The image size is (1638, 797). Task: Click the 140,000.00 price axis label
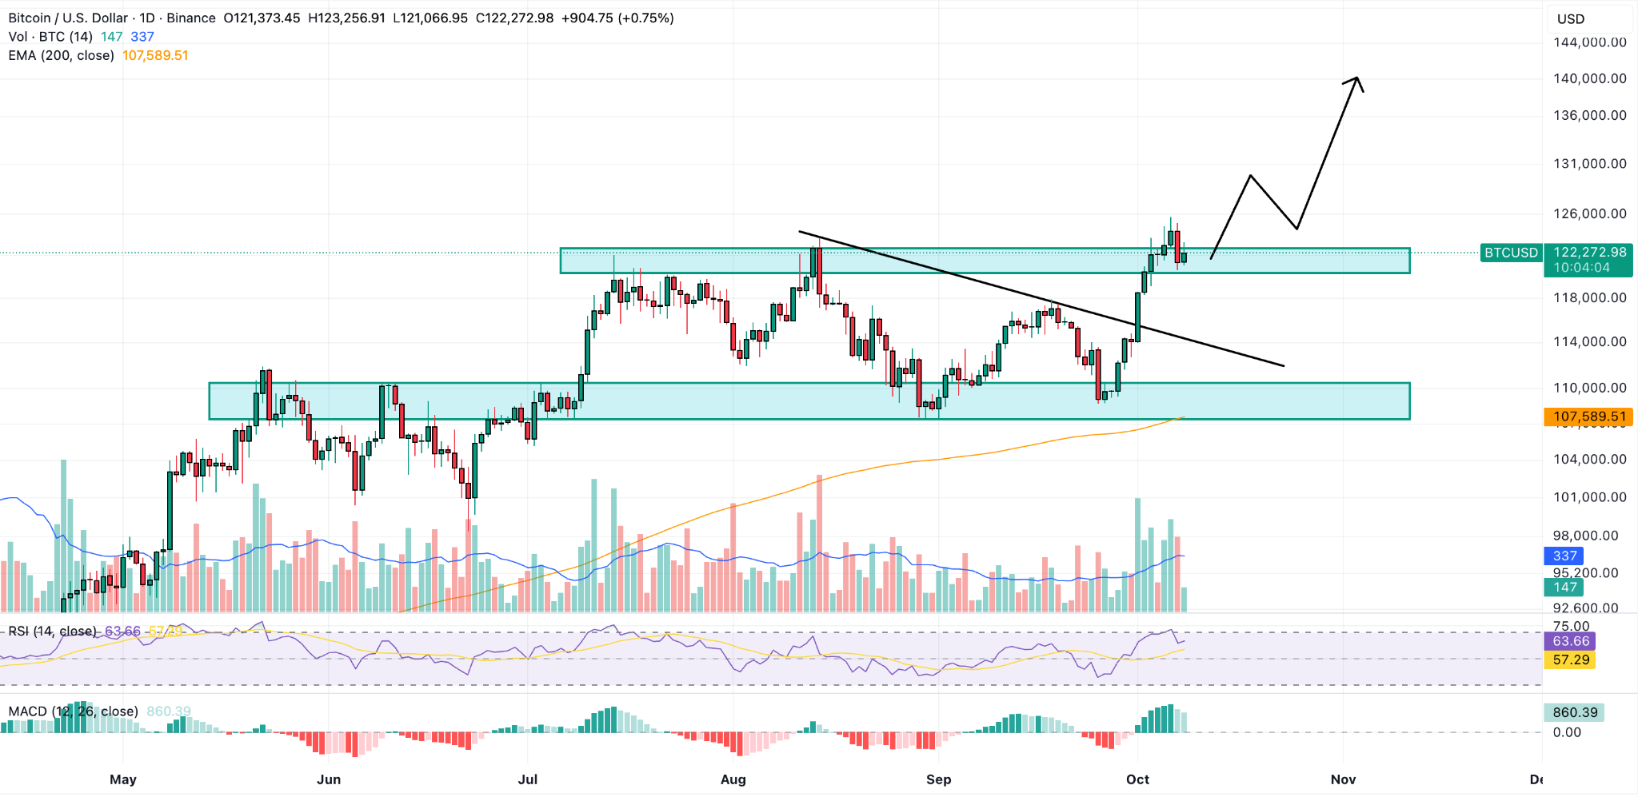[1589, 78]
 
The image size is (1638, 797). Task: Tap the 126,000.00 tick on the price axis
[1589, 213]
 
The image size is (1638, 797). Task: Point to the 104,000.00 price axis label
[1589, 459]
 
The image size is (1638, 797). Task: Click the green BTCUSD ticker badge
[1511, 253]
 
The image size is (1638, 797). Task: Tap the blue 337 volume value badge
[1564, 556]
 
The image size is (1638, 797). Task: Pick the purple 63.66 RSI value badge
[1570, 641]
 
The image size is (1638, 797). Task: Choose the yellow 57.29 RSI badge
[1570, 660]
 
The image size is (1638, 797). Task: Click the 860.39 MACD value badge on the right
[1574, 712]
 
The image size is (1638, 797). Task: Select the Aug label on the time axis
[733, 779]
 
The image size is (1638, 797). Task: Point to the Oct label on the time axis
[1137, 779]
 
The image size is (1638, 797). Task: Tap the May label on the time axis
[123, 779]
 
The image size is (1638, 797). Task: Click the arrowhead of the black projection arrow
[1356, 80]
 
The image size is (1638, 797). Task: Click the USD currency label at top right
[1571, 19]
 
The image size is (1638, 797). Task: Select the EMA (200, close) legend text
[62, 56]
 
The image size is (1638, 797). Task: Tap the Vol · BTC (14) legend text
[50, 37]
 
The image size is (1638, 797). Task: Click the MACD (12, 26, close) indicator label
[73, 711]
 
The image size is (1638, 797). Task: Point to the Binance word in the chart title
[190, 18]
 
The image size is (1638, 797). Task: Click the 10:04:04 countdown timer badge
[1581, 268]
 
